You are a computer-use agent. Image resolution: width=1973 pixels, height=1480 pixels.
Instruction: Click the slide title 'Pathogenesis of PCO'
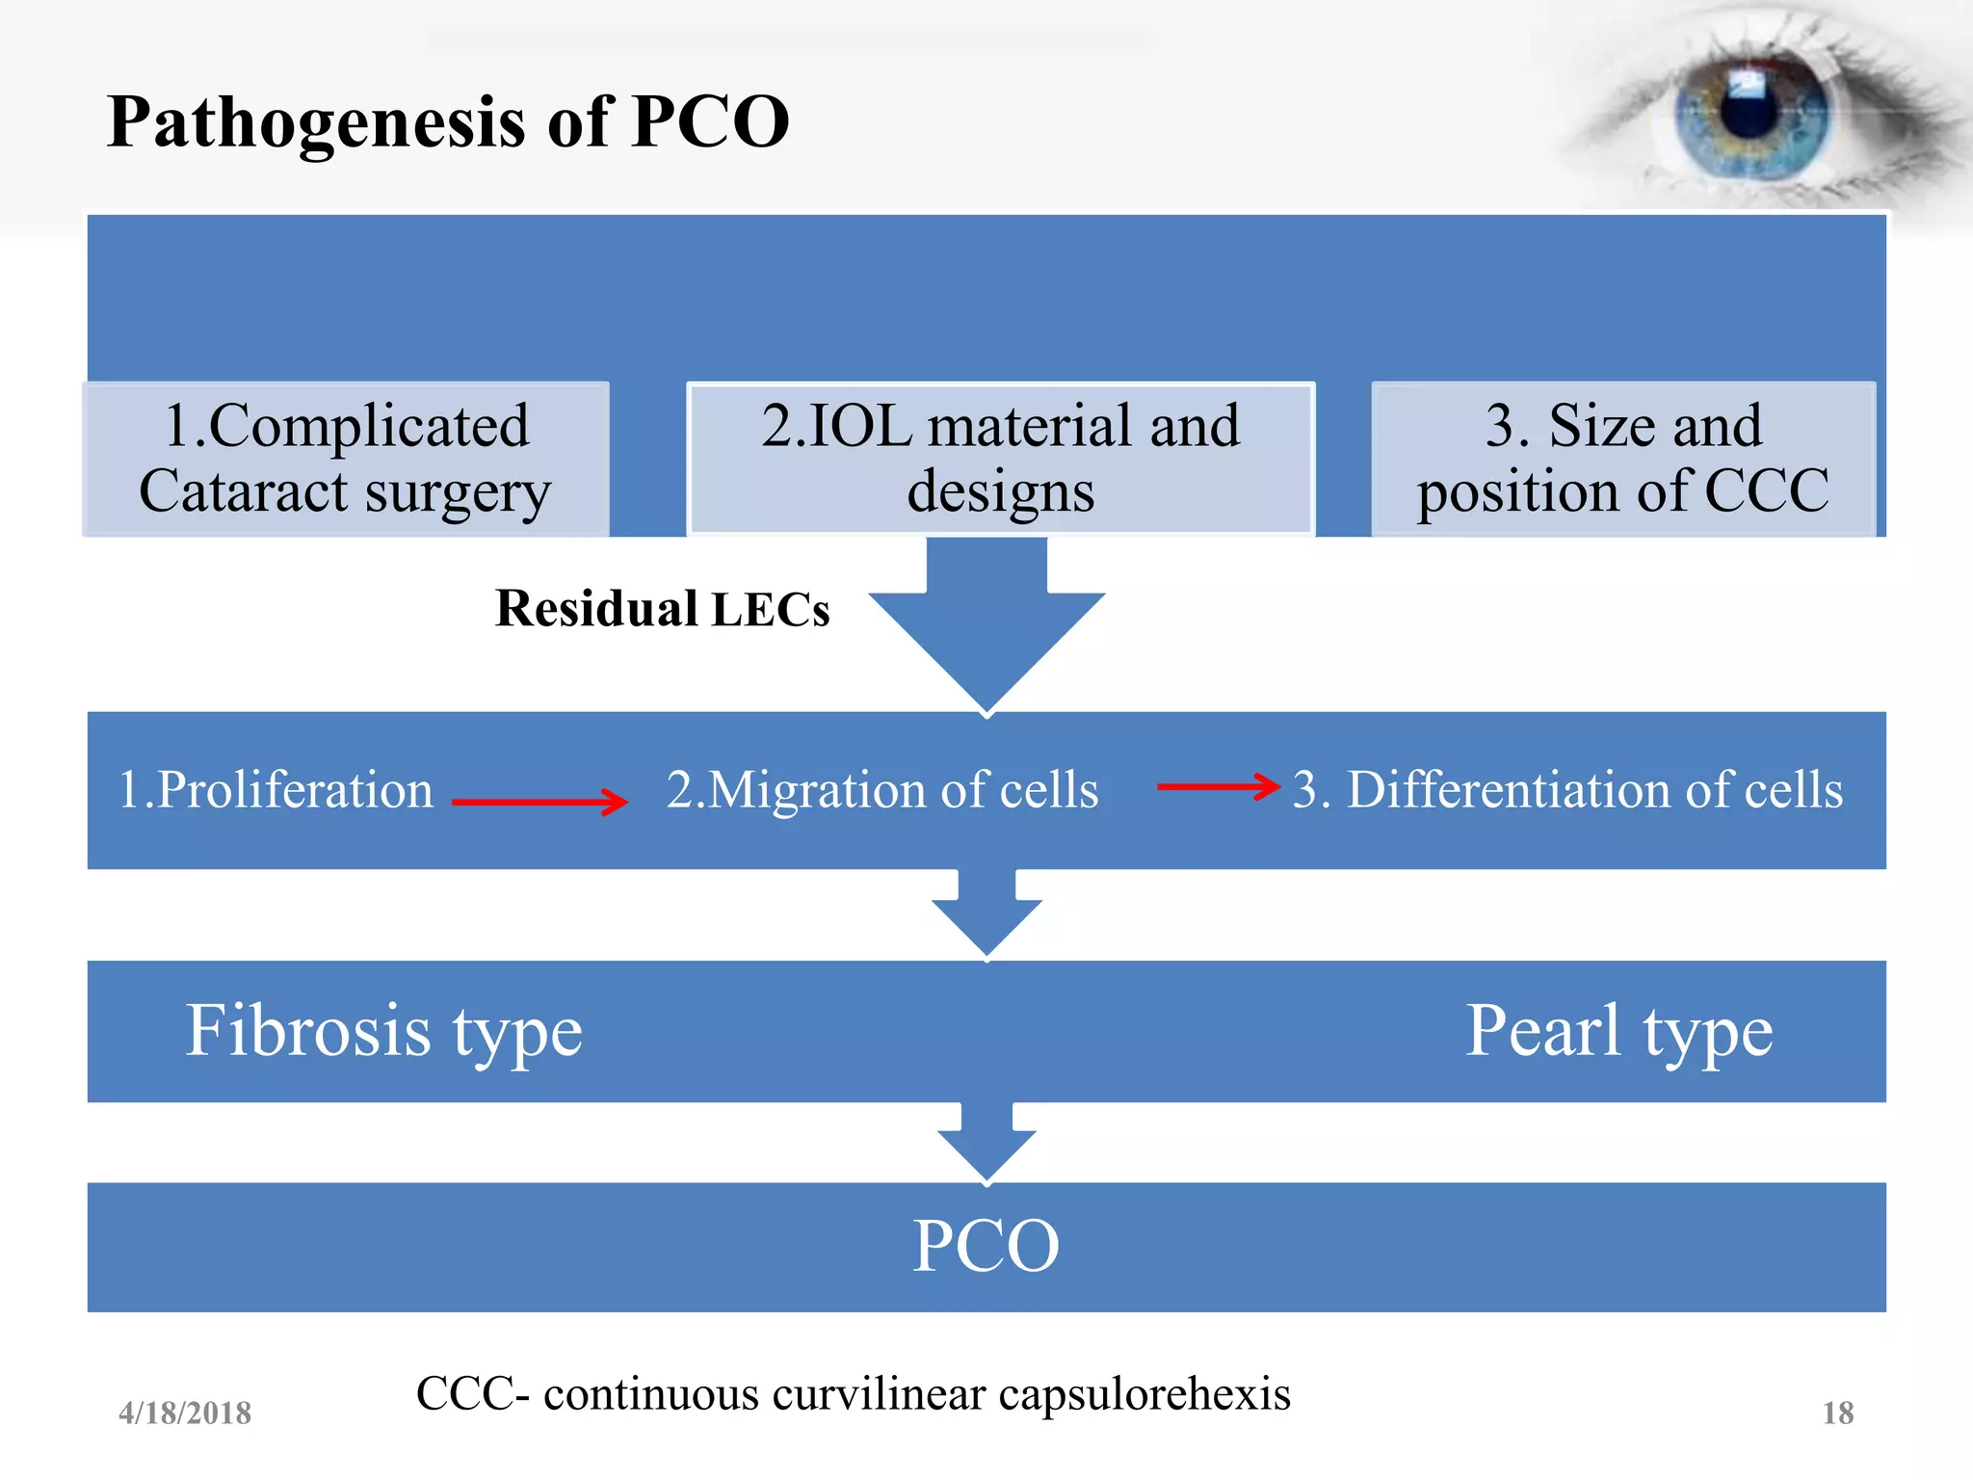[448, 122]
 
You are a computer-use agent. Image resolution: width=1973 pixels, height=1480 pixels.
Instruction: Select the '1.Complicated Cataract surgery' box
[346, 459]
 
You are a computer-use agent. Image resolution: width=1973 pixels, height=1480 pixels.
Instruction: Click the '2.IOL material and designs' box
[1000, 459]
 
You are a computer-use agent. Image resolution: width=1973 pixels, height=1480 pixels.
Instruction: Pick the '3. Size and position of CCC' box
[1623, 459]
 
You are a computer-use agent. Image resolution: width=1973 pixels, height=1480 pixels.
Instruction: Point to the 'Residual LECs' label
[662, 609]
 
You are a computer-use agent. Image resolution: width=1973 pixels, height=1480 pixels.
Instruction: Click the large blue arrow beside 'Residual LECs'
[986, 626]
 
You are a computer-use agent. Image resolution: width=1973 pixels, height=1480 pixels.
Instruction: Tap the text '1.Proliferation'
[276, 790]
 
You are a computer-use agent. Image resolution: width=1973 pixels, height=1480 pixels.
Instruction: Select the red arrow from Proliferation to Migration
[539, 801]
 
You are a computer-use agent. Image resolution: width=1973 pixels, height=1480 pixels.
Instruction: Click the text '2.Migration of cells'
[882, 790]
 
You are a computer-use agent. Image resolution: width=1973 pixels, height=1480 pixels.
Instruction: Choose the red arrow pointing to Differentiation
[1219, 786]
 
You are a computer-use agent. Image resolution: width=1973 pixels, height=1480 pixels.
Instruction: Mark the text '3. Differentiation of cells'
[1567, 790]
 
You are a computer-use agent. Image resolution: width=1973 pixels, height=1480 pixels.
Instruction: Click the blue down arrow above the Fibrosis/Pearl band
[986, 915]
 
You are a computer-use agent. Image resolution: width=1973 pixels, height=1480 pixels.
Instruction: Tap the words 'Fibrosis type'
[383, 1031]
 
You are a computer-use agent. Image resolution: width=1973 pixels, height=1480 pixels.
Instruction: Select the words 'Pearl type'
[1618, 1031]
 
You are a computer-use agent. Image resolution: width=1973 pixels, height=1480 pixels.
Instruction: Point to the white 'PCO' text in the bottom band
[986, 1246]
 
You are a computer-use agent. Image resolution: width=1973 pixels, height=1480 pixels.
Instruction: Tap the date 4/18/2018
[185, 1414]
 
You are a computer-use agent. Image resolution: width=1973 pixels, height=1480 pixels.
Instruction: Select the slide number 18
[1837, 1414]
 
